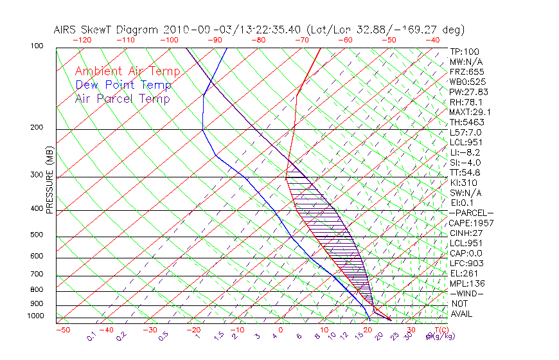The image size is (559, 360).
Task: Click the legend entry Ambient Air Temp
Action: click(127, 71)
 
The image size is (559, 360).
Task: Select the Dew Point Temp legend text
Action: click(123, 85)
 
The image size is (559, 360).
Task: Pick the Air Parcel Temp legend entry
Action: click(122, 98)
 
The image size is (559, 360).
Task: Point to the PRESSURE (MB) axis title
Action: click(49, 180)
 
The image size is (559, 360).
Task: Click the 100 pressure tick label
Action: click(37, 46)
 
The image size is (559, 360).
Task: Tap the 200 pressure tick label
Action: click(37, 128)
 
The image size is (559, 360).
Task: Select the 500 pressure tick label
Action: click(37, 235)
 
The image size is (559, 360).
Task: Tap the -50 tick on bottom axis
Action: click(62, 330)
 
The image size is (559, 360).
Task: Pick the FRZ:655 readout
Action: click(464, 71)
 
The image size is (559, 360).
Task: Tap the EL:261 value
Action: click(462, 273)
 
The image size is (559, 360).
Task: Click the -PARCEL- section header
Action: click(472, 213)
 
